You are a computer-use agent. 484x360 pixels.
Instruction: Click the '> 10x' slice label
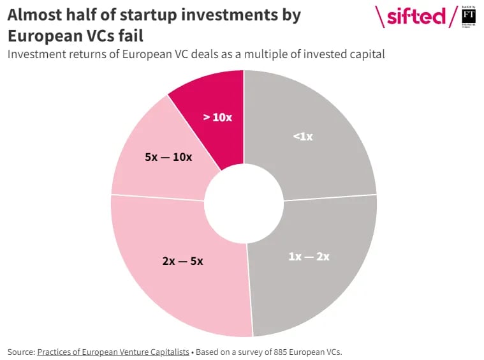coord(217,117)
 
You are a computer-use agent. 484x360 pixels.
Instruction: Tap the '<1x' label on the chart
coord(302,136)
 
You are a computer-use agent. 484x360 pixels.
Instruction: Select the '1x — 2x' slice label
coord(309,256)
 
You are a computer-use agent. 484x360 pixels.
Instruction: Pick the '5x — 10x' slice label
coord(168,156)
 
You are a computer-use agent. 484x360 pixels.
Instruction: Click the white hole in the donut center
coord(244,202)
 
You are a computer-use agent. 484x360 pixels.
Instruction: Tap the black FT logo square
coord(469,15)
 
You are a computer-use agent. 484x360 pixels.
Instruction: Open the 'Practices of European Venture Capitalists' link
coord(113,352)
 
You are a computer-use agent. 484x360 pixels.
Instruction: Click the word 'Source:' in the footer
coord(21,352)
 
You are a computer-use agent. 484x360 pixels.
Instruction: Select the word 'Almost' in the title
coord(33,15)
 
